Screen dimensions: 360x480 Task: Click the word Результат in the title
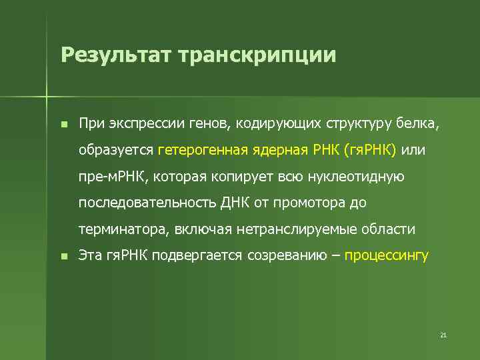[114, 55]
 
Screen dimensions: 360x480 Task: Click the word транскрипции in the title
[257, 55]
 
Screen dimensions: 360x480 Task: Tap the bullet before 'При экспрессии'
[63, 124]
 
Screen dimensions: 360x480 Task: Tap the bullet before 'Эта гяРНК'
[63, 256]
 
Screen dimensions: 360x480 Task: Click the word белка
[419, 124]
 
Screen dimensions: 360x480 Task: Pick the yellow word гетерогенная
[202, 151]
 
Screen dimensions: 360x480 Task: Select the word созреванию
[286, 256]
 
